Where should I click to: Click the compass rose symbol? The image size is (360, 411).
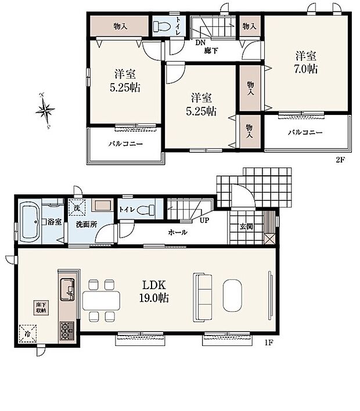45,110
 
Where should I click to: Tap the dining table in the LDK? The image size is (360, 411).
101,300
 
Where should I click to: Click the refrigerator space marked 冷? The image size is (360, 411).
28,333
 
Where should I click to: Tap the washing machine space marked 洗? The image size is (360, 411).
76,205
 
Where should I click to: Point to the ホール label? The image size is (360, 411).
178,232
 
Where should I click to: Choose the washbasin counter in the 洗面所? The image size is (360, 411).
103,205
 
